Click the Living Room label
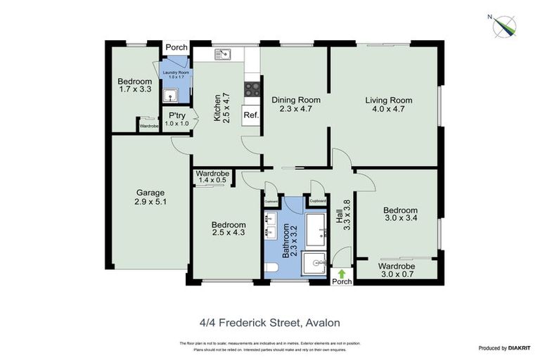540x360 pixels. [x=388, y=105]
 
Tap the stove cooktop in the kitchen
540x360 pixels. [x=251, y=89]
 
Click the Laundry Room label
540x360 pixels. [x=176, y=75]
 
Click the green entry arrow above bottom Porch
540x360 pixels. [x=342, y=273]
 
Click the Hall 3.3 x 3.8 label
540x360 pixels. [x=342, y=213]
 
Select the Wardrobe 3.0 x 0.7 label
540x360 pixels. [x=397, y=271]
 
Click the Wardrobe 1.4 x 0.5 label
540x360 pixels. [x=212, y=177]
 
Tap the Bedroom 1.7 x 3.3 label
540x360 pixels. [x=134, y=86]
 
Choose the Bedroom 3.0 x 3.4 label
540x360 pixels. [x=399, y=214]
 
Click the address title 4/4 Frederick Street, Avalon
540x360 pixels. [x=270, y=323]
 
